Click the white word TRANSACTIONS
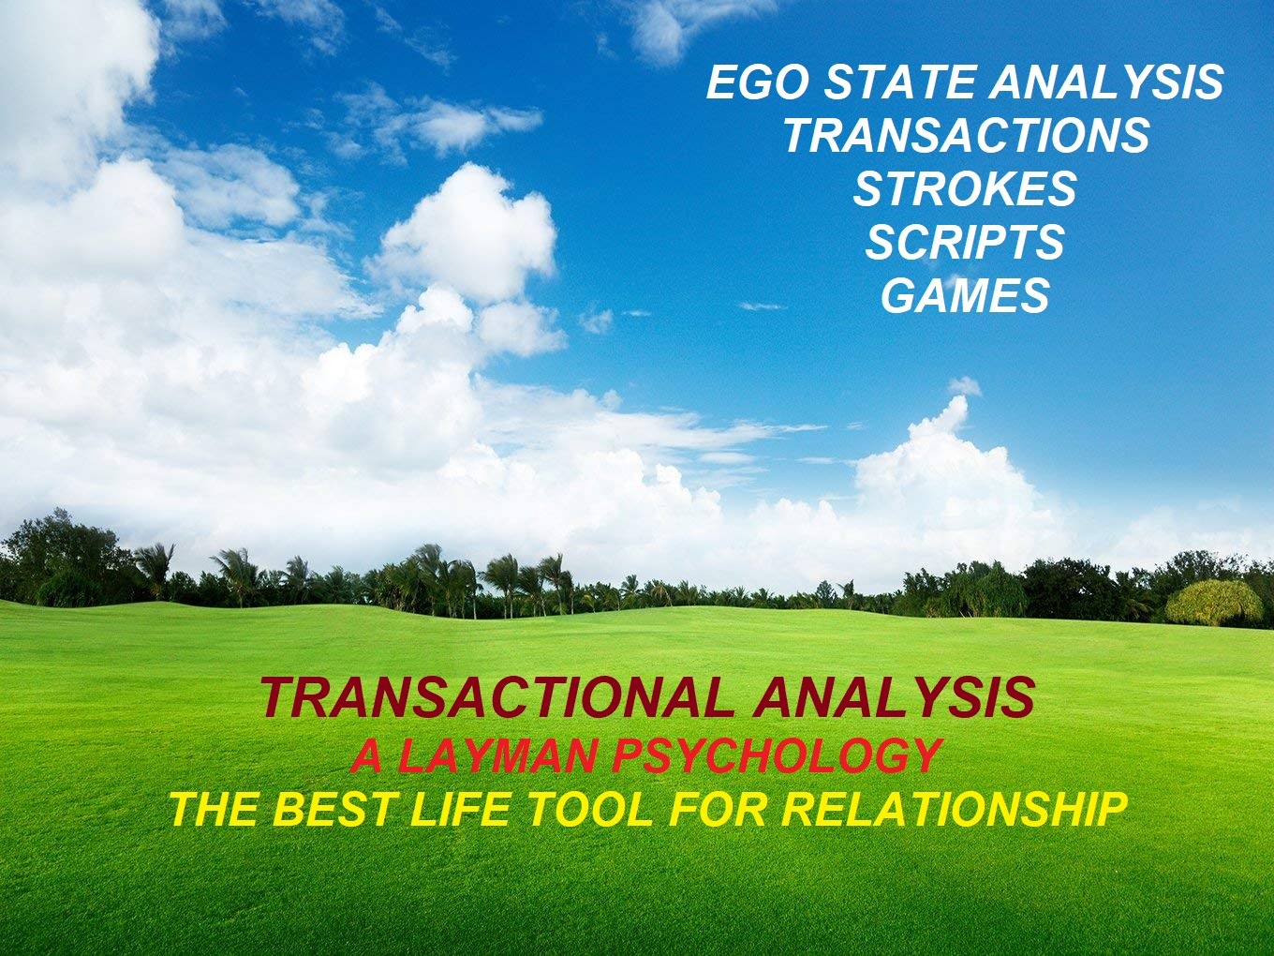pyautogui.click(x=967, y=136)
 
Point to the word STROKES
pyautogui.click(x=965, y=189)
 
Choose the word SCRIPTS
pyautogui.click(x=965, y=243)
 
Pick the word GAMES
pyautogui.click(x=965, y=296)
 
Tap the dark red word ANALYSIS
pyautogui.click(x=893, y=697)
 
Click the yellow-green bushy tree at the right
pyautogui.click(x=1214, y=603)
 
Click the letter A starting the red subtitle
pyautogui.click(x=367, y=755)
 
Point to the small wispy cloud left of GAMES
pyautogui.click(x=761, y=306)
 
